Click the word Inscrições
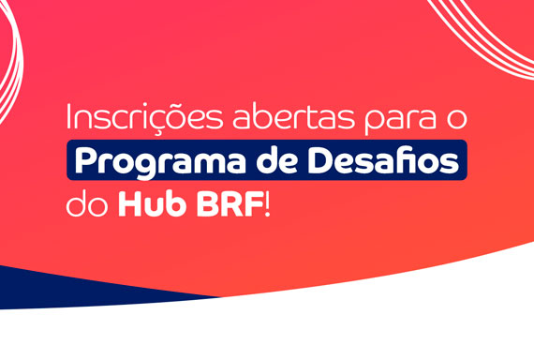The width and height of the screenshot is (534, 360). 144,118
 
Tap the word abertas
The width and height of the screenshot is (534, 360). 293,116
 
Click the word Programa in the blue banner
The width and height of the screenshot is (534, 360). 160,162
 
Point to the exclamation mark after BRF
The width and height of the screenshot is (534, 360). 267,204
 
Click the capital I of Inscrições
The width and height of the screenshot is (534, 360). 68,116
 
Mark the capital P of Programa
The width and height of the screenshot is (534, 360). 84,160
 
